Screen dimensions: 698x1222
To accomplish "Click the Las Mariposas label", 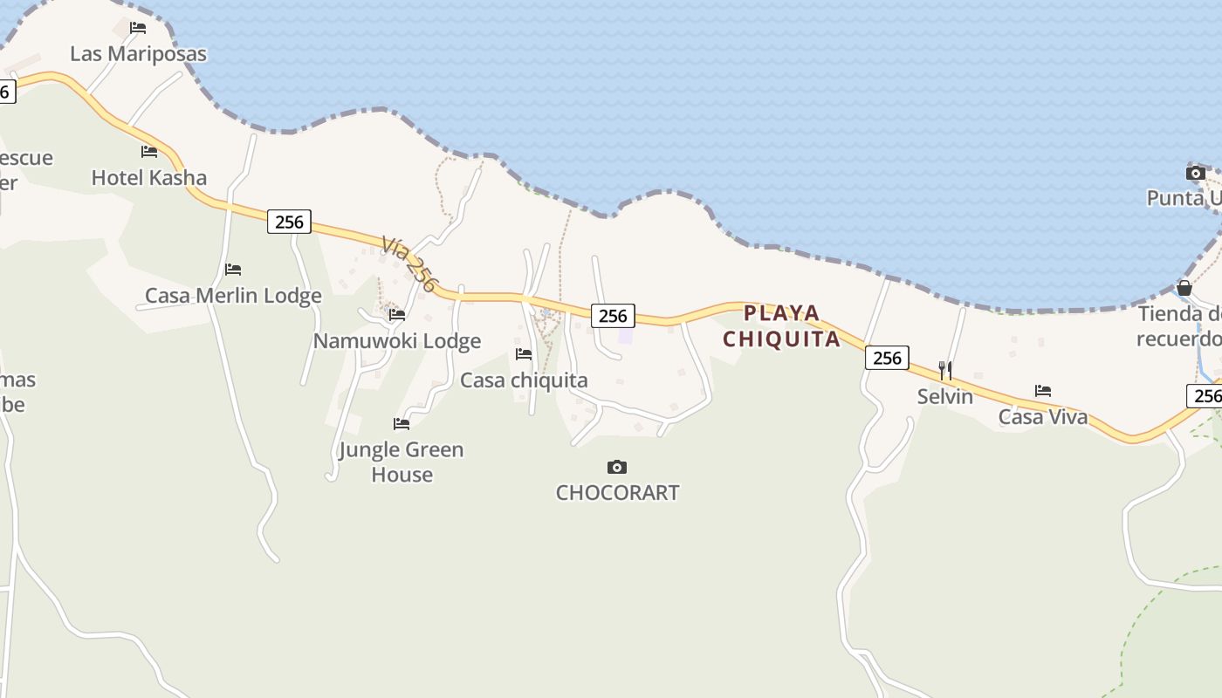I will (x=138, y=54).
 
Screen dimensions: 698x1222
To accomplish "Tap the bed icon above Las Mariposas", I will (x=138, y=28).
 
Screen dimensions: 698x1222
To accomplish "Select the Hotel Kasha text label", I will (x=149, y=178).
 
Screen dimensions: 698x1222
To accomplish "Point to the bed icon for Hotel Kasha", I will (x=149, y=152).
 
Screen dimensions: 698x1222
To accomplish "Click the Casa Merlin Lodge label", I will (x=233, y=296).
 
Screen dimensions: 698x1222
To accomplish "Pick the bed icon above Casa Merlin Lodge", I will (x=233, y=270).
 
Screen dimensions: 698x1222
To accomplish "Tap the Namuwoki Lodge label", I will (x=397, y=341).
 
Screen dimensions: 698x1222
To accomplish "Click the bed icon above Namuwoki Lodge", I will (x=397, y=315).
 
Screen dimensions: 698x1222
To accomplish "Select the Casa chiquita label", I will (x=524, y=380).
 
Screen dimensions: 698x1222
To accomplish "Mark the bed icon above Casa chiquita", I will (x=524, y=354).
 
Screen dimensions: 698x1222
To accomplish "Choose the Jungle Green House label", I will (x=402, y=462).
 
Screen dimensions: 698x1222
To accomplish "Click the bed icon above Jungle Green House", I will (x=402, y=424).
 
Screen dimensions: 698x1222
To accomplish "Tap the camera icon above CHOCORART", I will (x=617, y=468).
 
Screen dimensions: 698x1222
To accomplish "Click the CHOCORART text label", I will (x=617, y=493).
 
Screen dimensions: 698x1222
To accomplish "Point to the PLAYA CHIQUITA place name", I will (x=782, y=326).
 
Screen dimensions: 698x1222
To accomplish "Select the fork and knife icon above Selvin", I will (x=945, y=371).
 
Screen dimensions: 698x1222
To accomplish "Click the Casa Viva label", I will (x=1043, y=417).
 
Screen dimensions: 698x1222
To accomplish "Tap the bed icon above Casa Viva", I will (x=1043, y=391).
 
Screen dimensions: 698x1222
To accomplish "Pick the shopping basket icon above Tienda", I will (x=1184, y=288).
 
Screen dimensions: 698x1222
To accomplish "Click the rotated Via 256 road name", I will (x=409, y=263).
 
